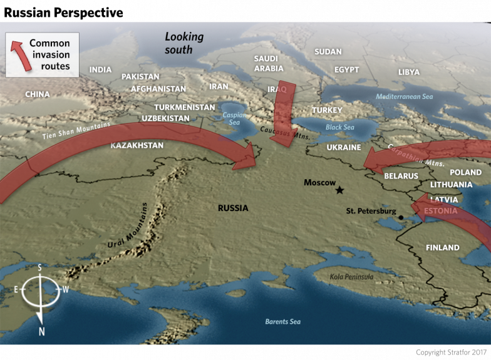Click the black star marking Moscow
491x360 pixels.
tap(340, 190)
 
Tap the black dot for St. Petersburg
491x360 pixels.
tap(400, 217)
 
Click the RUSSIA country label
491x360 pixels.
tap(233, 208)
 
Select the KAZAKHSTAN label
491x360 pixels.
tap(137, 145)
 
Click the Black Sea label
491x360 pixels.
tap(340, 127)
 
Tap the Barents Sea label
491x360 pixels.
tap(282, 321)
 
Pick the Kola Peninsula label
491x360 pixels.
tap(351, 276)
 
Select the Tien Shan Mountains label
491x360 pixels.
tap(76, 131)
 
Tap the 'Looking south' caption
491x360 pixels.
tap(184, 42)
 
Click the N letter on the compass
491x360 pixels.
tap(41, 331)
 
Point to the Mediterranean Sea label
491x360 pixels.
tap(404, 97)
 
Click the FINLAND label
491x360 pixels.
tap(442, 248)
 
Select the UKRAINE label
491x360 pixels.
tap(344, 148)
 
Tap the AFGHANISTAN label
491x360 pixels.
tap(158, 89)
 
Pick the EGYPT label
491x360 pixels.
tap(346, 69)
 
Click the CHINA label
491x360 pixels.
tap(37, 95)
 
